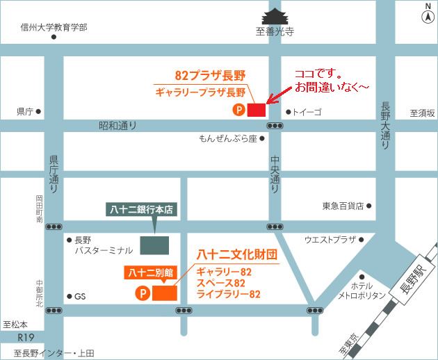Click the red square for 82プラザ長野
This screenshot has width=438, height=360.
pyautogui.click(x=257, y=109)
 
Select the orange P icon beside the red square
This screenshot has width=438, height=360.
pyautogui.click(x=238, y=109)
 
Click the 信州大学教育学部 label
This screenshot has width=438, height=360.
pyautogui.click(x=54, y=27)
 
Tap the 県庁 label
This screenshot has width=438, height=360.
pyautogui.click(x=26, y=111)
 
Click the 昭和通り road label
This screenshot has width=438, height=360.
pyautogui.click(x=117, y=126)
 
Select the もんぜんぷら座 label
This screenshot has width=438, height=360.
pyautogui.click(x=227, y=138)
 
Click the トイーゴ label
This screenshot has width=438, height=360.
pyautogui.click(x=307, y=111)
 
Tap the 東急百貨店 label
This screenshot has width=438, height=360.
pyautogui.click(x=343, y=206)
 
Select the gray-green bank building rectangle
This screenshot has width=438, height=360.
pyautogui.click(x=154, y=245)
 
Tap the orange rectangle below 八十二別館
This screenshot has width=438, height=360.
pyautogui.click(x=164, y=293)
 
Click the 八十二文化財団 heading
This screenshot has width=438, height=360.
pyautogui.click(x=237, y=254)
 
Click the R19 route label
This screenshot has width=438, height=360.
pyautogui.click(x=26, y=338)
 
